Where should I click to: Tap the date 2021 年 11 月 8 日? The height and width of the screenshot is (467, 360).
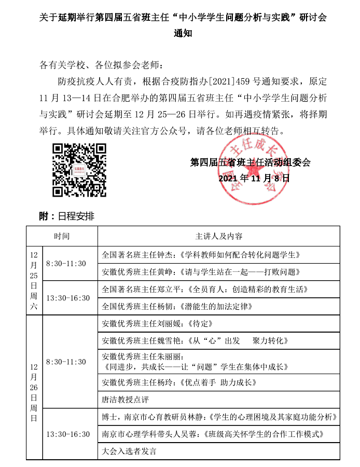pyautogui.click(x=254, y=178)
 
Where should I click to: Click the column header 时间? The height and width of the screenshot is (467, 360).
pyautogui.click(x=62, y=236)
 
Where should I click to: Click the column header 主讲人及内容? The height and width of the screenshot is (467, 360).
pyautogui.click(x=218, y=236)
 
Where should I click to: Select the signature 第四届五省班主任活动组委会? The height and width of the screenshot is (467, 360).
pyautogui.click(x=251, y=162)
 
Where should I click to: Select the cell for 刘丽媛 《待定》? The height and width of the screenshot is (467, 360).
pyautogui.click(x=218, y=323)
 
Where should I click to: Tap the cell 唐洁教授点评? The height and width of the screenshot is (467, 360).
pyautogui.click(x=218, y=400)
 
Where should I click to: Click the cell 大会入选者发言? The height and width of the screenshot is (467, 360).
pyautogui.click(x=218, y=450)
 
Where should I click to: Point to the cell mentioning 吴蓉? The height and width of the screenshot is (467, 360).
pyautogui.click(x=218, y=433)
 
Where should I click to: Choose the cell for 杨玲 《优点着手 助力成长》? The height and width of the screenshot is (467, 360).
pyautogui.click(x=218, y=383)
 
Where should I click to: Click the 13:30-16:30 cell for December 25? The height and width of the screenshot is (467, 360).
pyautogui.click(x=68, y=298)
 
